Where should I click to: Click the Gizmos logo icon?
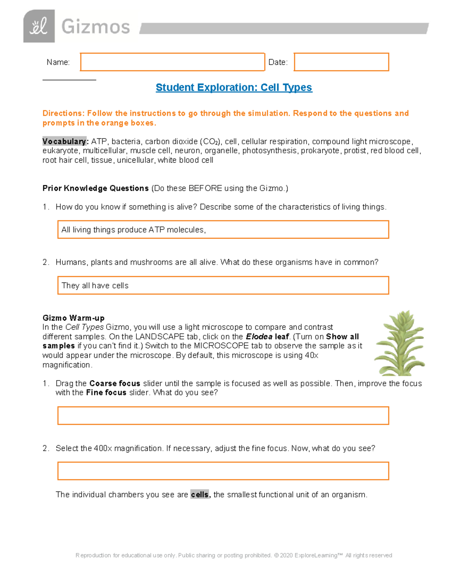[x=39, y=26]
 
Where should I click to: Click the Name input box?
[x=173, y=62]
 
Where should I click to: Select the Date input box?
[x=341, y=62]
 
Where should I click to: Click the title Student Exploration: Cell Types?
[x=234, y=87]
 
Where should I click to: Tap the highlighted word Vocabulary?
[x=64, y=142]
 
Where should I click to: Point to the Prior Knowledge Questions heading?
[x=95, y=188]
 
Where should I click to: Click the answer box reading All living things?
[x=223, y=230]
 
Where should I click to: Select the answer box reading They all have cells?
[x=223, y=286]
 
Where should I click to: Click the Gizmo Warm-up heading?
[x=73, y=318]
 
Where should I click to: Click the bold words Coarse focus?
[x=115, y=383]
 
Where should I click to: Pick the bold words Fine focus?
[x=106, y=393]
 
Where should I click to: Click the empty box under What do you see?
[x=223, y=415]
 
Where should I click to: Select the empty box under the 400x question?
[x=223, y=471]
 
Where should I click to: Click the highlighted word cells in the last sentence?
[x=200, y=495]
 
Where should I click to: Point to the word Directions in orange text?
[x=63, y=113]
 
